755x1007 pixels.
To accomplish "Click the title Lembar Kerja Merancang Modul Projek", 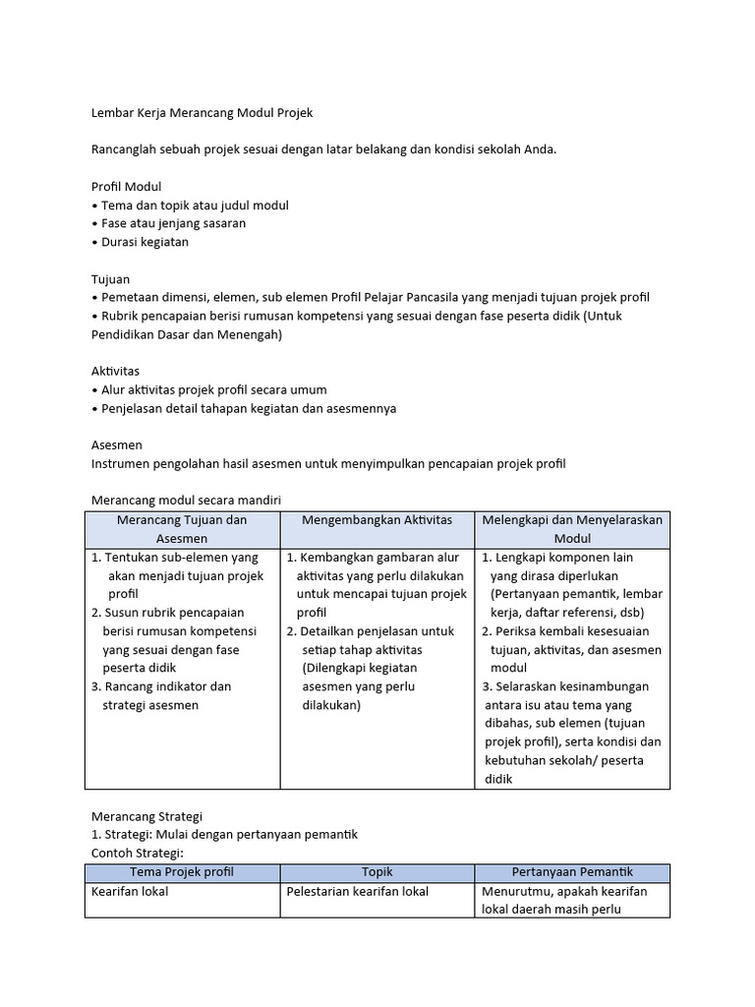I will [202, 113].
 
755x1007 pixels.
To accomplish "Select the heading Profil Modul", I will [126, 186].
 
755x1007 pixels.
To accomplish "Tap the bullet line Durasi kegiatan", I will [144, 242].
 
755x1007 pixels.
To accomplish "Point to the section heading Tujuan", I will [110, 279].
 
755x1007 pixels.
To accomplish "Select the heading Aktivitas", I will [115, 371].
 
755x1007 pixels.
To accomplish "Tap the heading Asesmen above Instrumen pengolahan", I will [115, 444].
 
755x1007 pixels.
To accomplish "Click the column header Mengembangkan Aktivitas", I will [377, 519].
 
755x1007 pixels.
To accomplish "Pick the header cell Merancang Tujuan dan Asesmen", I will [182, 529].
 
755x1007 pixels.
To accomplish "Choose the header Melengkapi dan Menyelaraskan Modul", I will [572, 529].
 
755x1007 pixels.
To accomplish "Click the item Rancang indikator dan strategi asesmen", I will [161, 695].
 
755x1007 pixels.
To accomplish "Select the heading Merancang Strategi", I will [145, 816].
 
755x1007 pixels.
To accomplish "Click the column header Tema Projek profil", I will [182, 872].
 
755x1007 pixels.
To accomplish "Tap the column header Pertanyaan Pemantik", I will [572, 872].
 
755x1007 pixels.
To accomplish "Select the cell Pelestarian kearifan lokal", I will [357, 892].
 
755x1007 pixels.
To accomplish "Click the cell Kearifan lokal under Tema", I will [130, 892].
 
